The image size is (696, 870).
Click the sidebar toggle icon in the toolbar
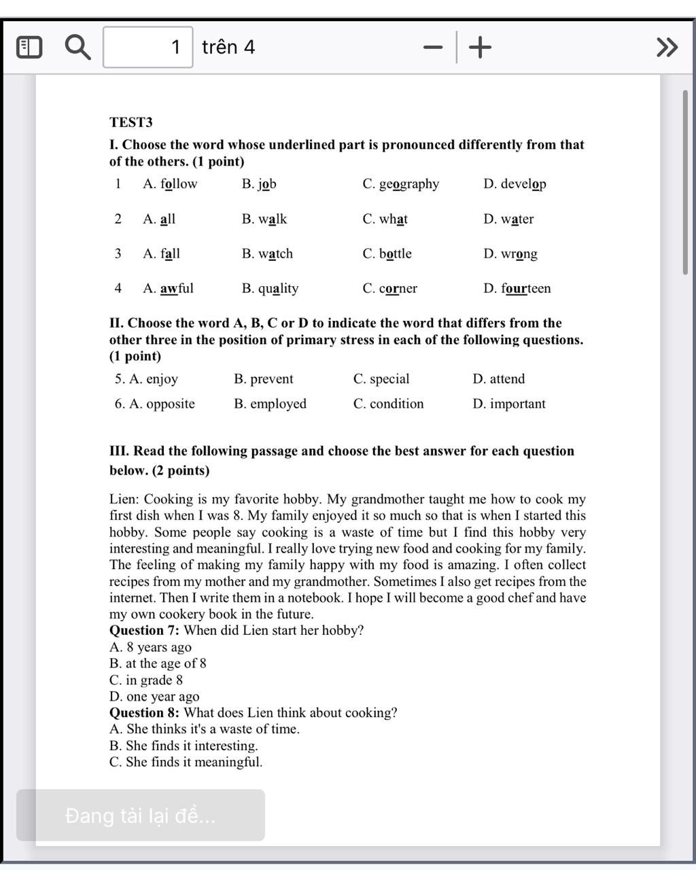tap(29, 47)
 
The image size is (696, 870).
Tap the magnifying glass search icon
tap(77, 47)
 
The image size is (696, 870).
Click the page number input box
tap(147, 47)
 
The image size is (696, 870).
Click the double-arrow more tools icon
tap(667, 47)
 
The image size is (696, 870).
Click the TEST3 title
tap(131, 122)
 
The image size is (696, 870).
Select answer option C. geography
tap(400, 184)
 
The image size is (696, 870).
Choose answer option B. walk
tap(264, 219)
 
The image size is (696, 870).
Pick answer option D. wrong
tap(510, 254)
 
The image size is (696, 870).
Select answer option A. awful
tap(168, 288)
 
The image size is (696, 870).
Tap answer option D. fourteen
tap(517, 288)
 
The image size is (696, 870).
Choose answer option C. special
tap(381, 379)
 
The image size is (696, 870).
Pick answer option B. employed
tap(270, 404)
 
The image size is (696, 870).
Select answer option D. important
tap(508, 404)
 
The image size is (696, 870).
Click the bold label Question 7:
tap(144, 630)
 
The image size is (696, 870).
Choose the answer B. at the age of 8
tap(158, 663)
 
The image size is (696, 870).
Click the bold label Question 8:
tap(144, 712)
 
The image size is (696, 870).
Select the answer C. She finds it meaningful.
tap(186, 762)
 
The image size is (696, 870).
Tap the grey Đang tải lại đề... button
tap(140, 815)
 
